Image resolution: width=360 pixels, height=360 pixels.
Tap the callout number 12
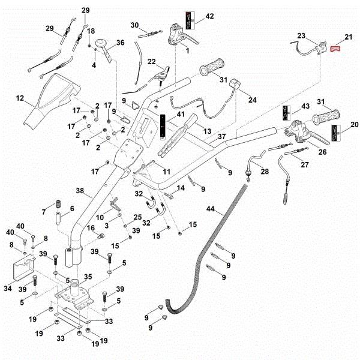[20, 97]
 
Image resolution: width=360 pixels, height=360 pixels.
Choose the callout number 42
[209, 16]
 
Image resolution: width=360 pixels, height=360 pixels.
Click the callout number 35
[88, 277]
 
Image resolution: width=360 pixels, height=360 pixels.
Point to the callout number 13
[208, 131]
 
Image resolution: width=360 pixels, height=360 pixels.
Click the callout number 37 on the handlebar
[221, 136]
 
